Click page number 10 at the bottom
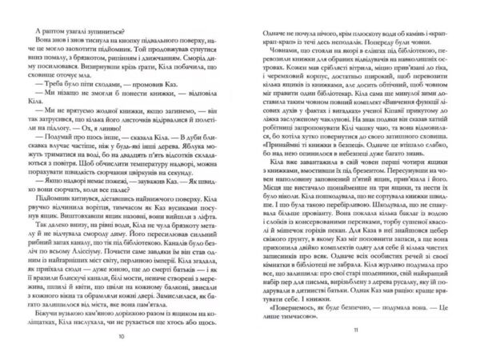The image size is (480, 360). coord(121,337)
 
